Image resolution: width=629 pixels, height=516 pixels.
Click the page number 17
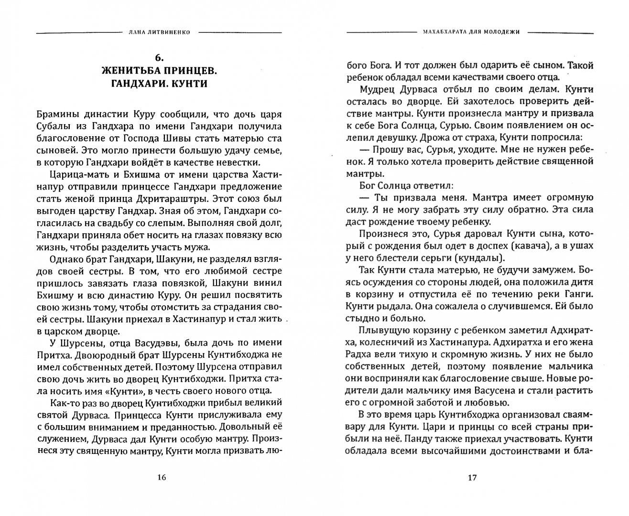pyautogui.click(x=471, y=477)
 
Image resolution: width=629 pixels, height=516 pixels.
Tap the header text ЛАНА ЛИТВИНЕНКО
pyautogui.click(x=161, y=32)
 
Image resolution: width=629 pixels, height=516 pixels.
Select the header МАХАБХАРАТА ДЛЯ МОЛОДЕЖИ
pyautogui.click(x=471, y=32)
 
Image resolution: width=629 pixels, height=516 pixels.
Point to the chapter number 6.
pyautogui.click(x=159, y=58)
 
